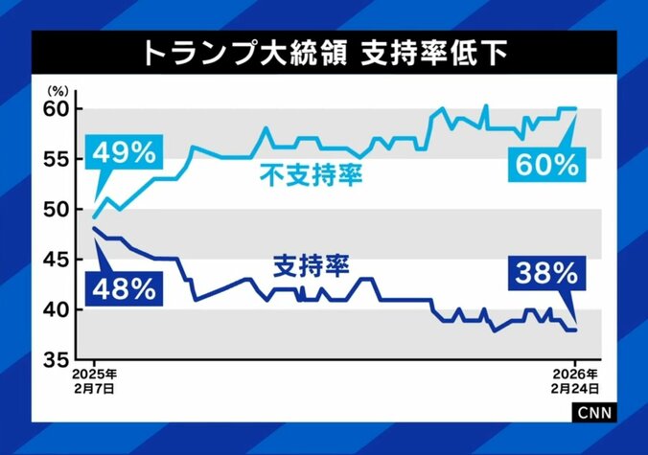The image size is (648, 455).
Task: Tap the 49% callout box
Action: click(x=125, y=152)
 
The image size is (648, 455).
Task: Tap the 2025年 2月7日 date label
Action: click(x=94, y=381)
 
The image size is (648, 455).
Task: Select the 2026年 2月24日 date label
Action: click(x=576, y=381)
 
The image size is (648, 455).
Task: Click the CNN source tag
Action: click(x=596, y=411)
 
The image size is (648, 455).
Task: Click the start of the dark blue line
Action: click(x=93, y=228)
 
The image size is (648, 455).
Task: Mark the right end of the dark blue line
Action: click(x=575, y=330)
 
